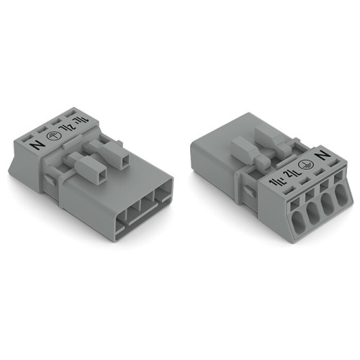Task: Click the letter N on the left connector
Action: (x=38, y=143)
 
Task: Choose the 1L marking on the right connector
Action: (x=273, y=180)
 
